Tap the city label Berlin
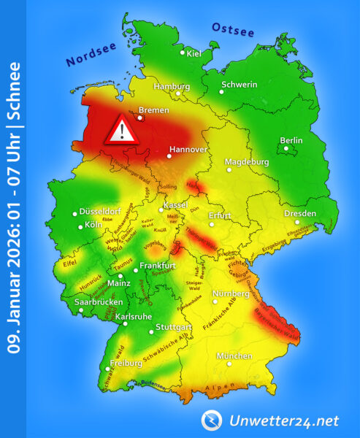click(x=291, y=141)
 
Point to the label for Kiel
click(x=194, y=53)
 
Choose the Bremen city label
click(x=153, y=110)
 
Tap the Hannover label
click(x=188, y=150)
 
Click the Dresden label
click(x=300, y=213)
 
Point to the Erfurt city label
click(x=220, y=216)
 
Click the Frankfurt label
click(x=159, y=264)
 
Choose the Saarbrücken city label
click(x=98, y=301)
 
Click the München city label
click(x=234, y=356)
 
